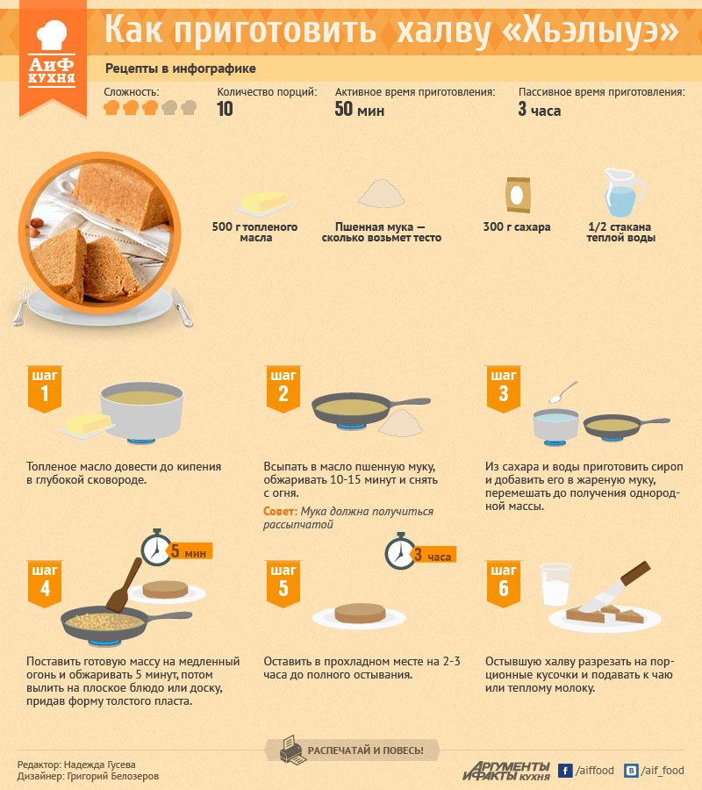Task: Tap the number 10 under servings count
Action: click(225, 109)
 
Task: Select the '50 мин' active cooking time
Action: click(360, 110)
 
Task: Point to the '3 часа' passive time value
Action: click(540, 110)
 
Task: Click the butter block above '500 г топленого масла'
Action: click(264, 203)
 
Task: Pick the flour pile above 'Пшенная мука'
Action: click(381, 193)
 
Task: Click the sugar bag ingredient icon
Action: click(518, 195)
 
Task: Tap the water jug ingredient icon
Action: click(623, 192)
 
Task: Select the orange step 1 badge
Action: click(45, 389)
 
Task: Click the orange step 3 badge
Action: click(503, 389)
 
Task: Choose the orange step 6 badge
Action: click(503, 584)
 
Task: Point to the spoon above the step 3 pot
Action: click(563, 392)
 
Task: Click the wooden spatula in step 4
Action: click(125, 585)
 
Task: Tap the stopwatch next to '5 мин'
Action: click(156, 548)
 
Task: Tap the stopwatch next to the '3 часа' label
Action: click(400, 551)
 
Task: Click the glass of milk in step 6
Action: click(555, 585)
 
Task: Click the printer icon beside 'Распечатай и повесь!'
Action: click(290, 750)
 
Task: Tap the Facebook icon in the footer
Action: click(565, 771)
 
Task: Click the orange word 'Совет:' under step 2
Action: click(280, 512)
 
